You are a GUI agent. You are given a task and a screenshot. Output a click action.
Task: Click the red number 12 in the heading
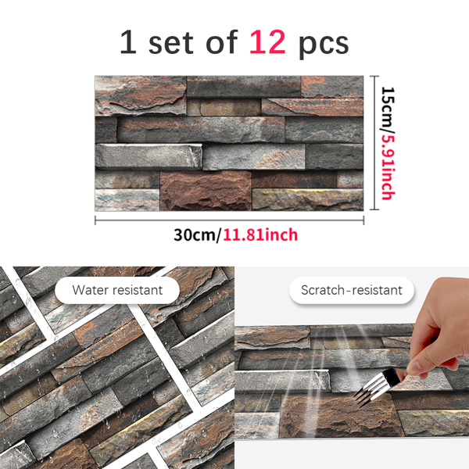[267, 42]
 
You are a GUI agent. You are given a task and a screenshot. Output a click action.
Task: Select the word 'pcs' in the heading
[324, 45]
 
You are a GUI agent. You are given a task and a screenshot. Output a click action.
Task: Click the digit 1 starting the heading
[129, 42]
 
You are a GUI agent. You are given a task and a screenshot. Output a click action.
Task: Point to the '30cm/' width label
[197, 234]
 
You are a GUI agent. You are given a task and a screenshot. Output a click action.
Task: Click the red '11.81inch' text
[260, 234]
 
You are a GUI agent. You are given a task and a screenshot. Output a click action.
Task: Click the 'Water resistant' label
[117, 290]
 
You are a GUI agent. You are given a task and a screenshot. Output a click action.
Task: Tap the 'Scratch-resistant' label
[352, 290]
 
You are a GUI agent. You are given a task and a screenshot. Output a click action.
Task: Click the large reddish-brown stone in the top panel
[206, 191]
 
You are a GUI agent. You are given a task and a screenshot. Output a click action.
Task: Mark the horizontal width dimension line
[229, 220]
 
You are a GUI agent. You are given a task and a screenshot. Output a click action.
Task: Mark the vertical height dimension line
[374, 143]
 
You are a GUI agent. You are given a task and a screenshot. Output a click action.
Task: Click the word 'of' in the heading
[222, 42]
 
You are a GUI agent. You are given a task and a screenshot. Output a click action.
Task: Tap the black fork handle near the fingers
[392, 377]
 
